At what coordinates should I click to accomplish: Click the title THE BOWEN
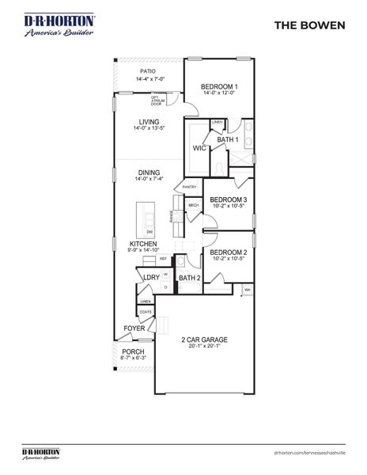[309, 25]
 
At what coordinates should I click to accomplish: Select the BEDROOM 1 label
[219, 86]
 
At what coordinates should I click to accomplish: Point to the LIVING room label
[146, 122]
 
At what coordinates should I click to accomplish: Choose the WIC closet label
[199, 148]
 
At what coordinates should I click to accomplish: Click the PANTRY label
[189, 188]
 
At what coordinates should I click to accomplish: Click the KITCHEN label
[143, 244]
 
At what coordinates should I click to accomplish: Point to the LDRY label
[150, 277]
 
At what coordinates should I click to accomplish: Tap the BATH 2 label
[187, 279]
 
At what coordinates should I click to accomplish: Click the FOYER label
[134, 328]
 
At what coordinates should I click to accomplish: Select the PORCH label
[133, 352]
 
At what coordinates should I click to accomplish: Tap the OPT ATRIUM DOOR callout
[167, 101]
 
